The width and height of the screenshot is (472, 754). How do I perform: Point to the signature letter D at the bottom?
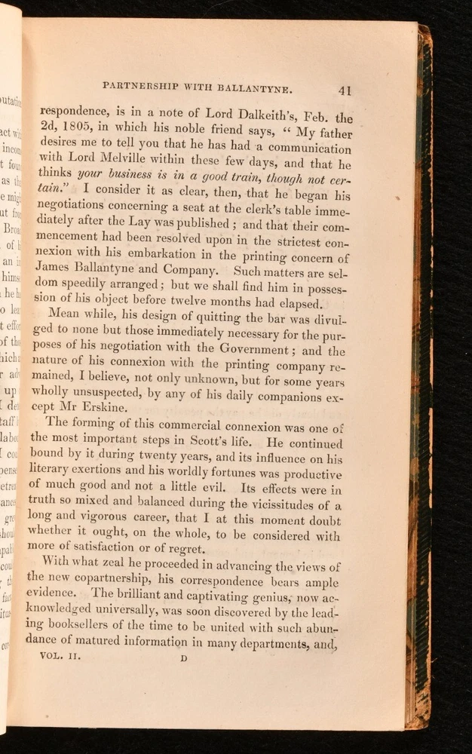tap(182, 657)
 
